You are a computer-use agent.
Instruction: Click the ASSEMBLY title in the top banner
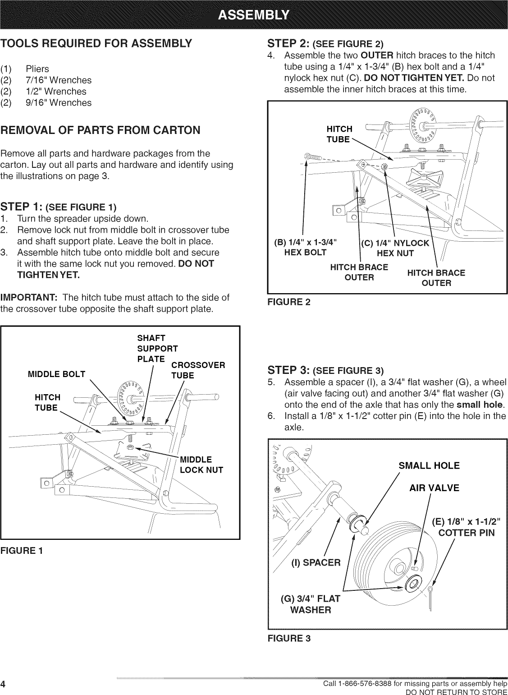[254, 17]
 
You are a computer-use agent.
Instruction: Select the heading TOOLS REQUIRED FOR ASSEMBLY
[96, 44]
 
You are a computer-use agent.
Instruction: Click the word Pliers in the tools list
[37, 69]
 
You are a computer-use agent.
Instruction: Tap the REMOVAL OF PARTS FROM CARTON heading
[100, 131]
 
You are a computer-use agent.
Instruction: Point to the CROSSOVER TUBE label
[197, 370]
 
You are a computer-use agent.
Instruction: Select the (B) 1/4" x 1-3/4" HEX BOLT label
[305, 247]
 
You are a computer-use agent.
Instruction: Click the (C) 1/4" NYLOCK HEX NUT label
[395, 248]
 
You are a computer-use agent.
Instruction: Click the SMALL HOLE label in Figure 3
[429, 465]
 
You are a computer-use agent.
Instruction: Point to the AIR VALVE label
[434, 488]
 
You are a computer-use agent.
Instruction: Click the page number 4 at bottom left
[4, 684]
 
